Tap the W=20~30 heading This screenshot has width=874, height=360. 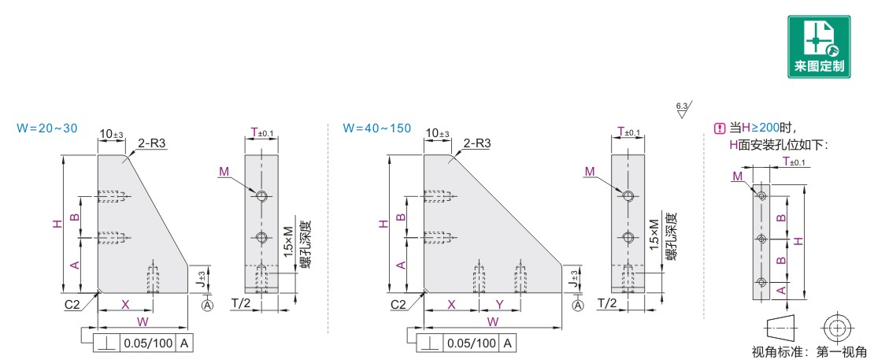pyautogui.click(x=46, y=128)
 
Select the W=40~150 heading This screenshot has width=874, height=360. pyautogui.click(x=376, y=128)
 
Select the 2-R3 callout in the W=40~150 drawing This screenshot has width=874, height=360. pyautogui.click(x=478, y=143)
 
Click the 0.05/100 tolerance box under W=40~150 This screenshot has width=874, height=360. pyautogui.click(x=471, y=343)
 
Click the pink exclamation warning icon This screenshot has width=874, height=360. pyautogui.click(x=718, y=128)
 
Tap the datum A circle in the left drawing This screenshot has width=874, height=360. pyautogui.click(x=208, y=304)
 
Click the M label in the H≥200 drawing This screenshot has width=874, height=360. pyautogui.click(x=738, y=176)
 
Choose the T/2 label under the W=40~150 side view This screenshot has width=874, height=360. pyautogui.click(x=606, y=303)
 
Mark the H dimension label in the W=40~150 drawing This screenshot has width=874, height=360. pyautogui.click(x=383, y=224)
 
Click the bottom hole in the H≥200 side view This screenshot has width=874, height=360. pyautogui.click(x=761, y=282)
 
